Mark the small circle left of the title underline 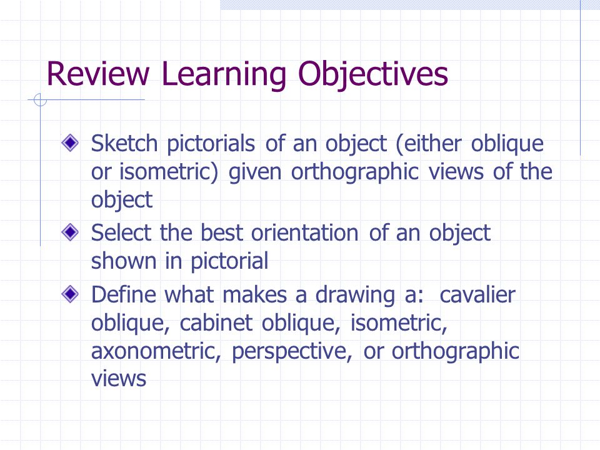coord(39,100)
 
